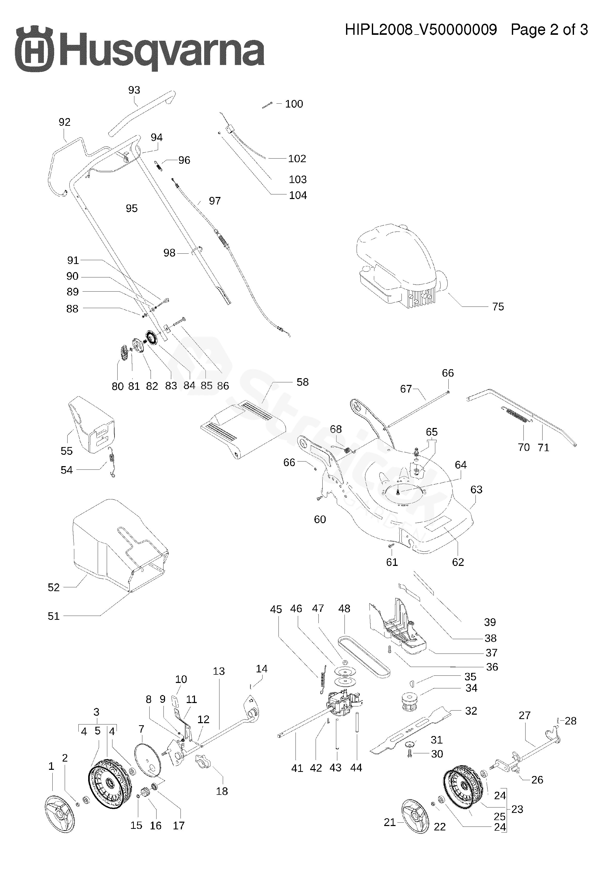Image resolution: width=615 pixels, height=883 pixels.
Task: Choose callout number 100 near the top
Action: pos(294,104)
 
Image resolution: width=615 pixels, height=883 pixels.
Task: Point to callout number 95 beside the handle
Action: pos(132,209)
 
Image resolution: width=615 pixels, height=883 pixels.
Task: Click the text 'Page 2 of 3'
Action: pos(549,30)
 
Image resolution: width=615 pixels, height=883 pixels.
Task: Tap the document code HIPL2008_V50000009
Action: pos(421,30)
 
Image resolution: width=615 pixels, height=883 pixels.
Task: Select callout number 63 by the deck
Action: pos(476,490)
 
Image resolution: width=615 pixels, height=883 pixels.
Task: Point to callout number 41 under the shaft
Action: pos(297,768)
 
